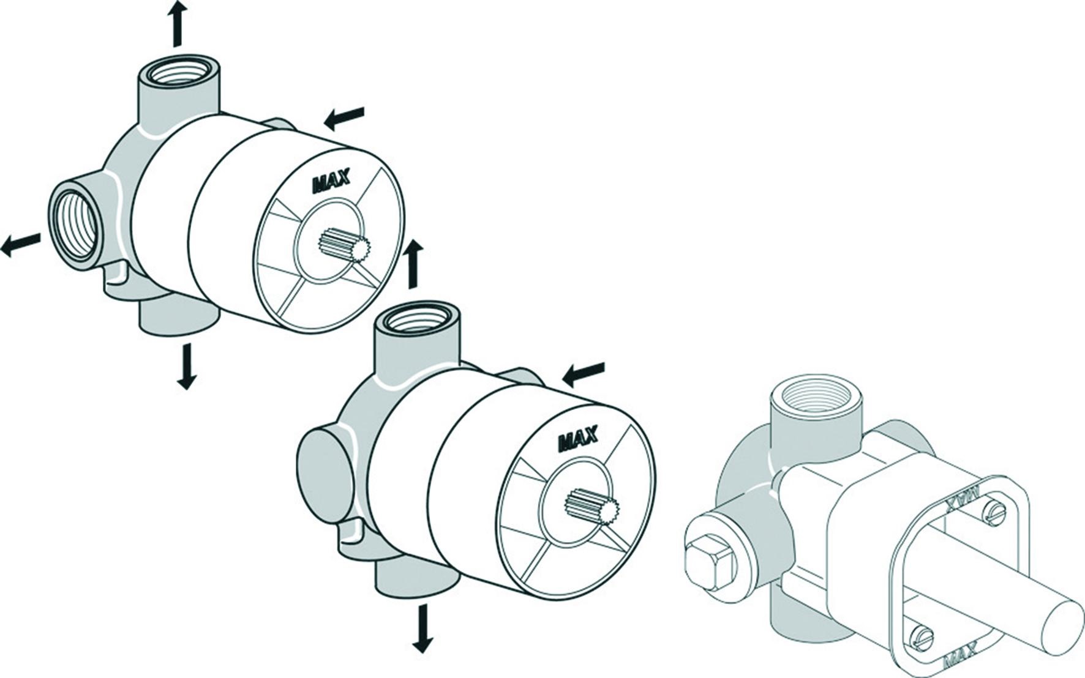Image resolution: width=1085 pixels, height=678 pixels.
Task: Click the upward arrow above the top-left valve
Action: tap(178, 23)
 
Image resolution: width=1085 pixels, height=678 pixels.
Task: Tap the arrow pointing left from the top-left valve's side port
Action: tap(21, 244)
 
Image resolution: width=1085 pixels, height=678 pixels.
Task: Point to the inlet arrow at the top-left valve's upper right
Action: tap(344, 117)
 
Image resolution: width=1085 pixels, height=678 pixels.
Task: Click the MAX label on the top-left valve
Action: tap(331, 179)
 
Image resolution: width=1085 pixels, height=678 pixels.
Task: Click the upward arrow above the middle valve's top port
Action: tap(415, 264)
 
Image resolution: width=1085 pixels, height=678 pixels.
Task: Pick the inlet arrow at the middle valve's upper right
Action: tap(584, 374)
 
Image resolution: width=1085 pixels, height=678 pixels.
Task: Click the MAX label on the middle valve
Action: tap(578, 439)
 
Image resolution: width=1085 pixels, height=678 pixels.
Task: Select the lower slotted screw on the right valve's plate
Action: tap(921, 636)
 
